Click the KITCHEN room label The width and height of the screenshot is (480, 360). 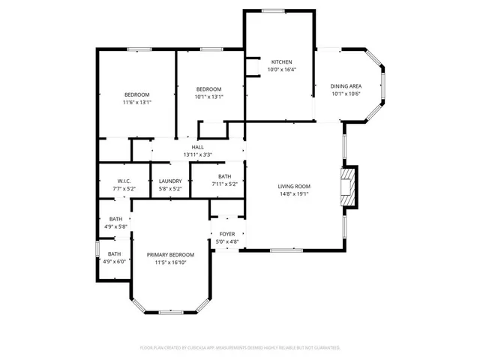(281, 61)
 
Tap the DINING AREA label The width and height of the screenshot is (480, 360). (346, 86)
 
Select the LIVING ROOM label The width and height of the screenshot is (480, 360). (294, 186)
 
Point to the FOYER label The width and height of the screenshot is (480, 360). (226, 234)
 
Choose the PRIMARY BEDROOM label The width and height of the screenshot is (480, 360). (170, 255)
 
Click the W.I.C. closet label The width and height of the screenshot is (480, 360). (124, 181)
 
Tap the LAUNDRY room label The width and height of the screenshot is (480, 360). (170, 181)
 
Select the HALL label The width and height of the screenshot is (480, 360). (198, 147)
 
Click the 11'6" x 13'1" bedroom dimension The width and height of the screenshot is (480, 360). (137, 102)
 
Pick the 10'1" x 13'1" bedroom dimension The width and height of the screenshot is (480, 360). (209, 96)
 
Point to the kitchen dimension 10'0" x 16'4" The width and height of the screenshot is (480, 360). (281, 70)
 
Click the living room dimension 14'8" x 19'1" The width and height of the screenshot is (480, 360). (294, 193)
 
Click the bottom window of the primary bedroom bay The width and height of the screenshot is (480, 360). (170, 311)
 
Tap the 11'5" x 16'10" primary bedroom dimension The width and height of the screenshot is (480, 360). (170, 262)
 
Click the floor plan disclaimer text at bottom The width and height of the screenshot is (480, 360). (240, 348)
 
